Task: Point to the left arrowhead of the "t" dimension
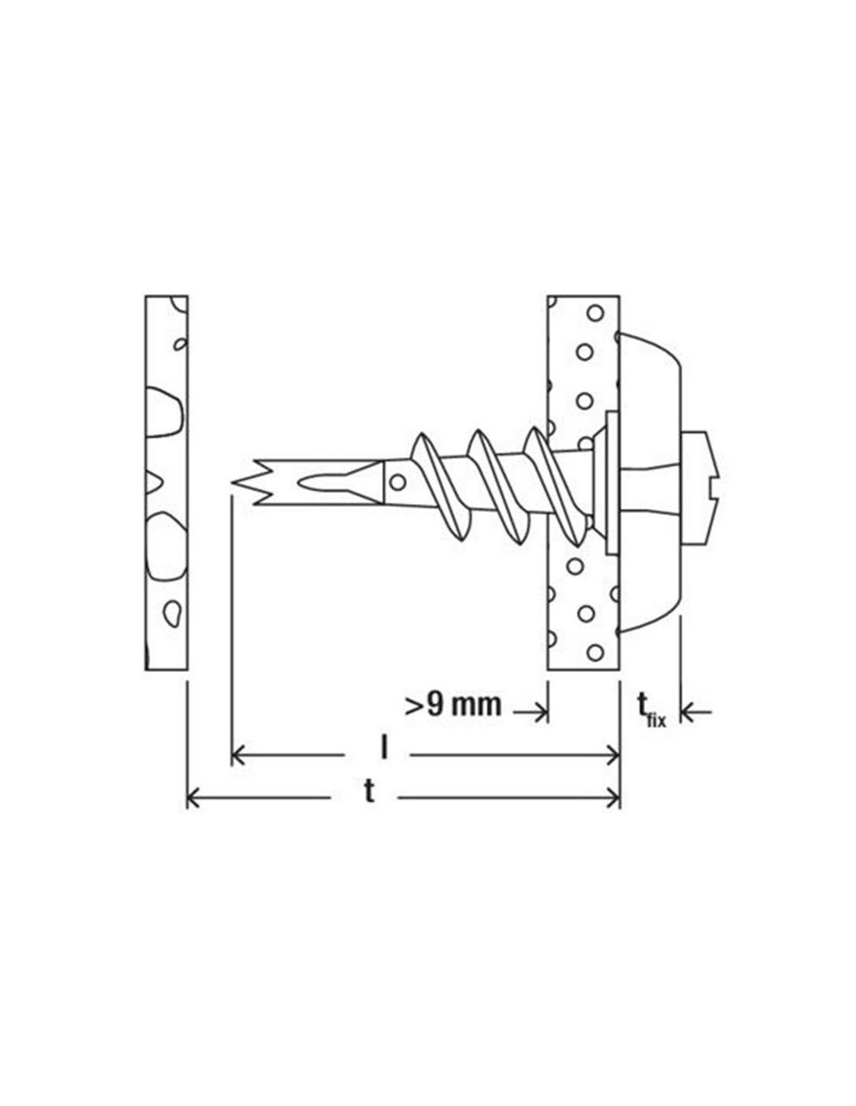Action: tap(194, 807)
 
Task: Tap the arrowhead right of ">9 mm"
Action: tap(540, 712)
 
